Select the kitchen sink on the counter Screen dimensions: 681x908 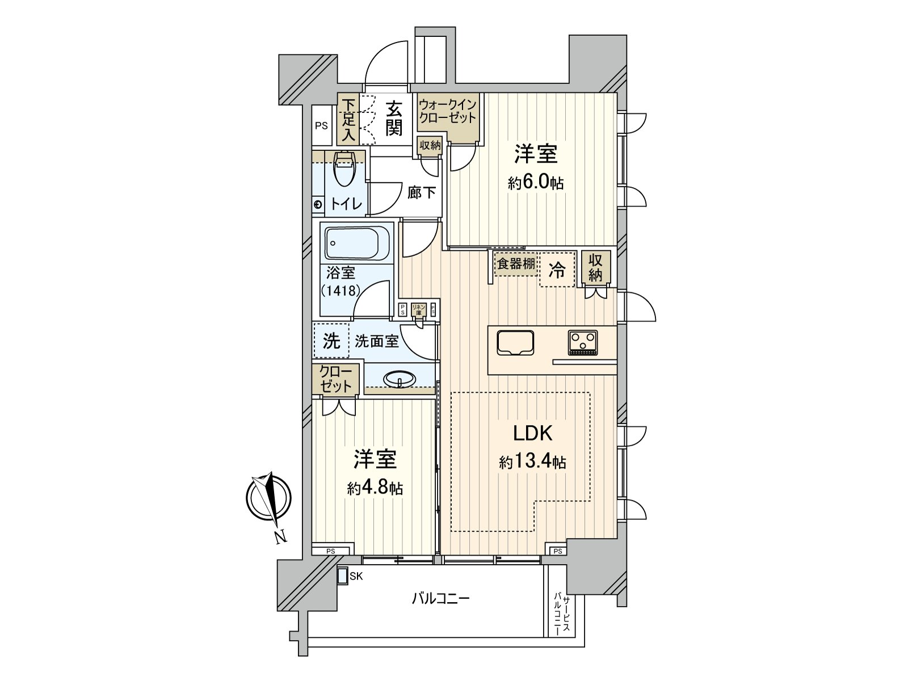pos(515,343)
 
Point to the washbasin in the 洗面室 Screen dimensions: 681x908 pos(400,378)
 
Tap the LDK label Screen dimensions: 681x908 pos(532,434)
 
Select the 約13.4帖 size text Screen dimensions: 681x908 pos(532,462)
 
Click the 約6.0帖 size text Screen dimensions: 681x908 pos(536,183)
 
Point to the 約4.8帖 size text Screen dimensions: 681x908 pos(375,488)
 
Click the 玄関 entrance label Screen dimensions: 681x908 pos(394,119)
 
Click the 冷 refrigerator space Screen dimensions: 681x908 pos(557,271)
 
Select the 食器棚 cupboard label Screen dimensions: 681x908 pos(515,264)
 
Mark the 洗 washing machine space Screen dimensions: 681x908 pos(331,341)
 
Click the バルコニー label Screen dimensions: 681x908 pos(440,599)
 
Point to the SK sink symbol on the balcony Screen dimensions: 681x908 pos(343,576)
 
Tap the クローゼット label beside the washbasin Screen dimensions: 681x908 pos(336,379)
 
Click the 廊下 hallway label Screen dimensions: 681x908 pos(422,193)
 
